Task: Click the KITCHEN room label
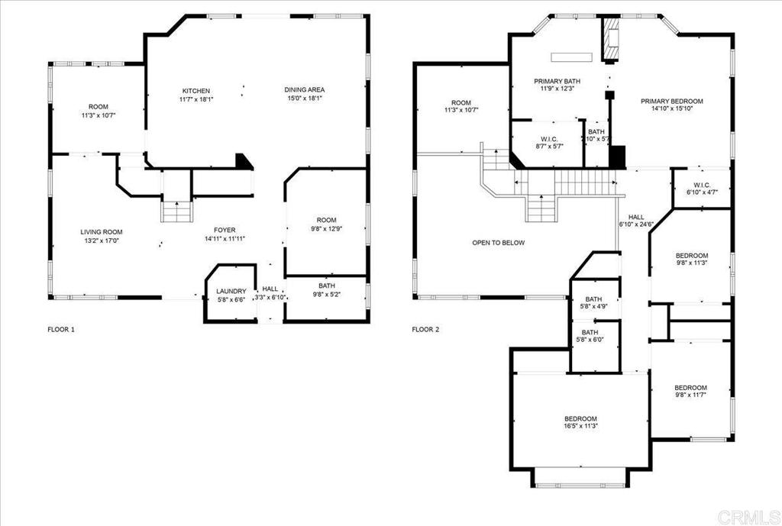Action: click(x=196, y=91)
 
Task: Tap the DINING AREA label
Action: click(x=305, y=90)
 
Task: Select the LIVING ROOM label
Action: click(x=102, y=232)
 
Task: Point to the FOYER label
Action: click(x=225, y=231)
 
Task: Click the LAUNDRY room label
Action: click(x=231, y=291)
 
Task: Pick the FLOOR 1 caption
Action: click(x=61, y=329)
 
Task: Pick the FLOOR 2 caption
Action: click(x=425, y=329)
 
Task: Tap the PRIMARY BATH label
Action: click(x=557, y=81)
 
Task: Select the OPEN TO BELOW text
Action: click(x=498, y=243)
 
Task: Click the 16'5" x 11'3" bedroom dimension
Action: click(x=580, y=426)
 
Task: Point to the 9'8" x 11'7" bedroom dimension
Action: click(x=690, y=395)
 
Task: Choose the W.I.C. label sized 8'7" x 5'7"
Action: click(x=548, y=139)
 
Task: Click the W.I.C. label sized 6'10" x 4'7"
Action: click(x=701, y=185)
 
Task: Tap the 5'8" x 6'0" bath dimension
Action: click(x=590, y=340)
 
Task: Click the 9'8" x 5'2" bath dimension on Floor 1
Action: click(x=327, y=294)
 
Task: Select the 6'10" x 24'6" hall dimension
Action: click(x=636, y=224)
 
